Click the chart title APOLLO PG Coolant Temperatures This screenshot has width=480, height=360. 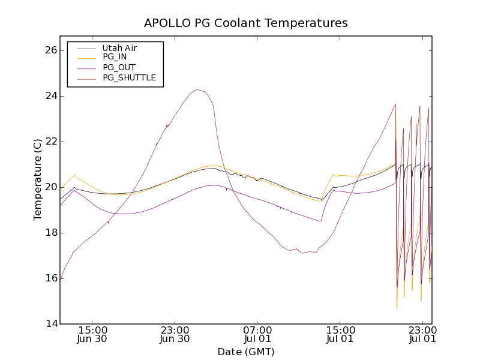(246, 23)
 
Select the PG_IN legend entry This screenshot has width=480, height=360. (115, 57)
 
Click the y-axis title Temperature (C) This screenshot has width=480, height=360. (38, 179)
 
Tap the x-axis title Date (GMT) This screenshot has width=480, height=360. (246, 352)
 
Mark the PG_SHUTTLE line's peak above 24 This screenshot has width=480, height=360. (197, 90)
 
